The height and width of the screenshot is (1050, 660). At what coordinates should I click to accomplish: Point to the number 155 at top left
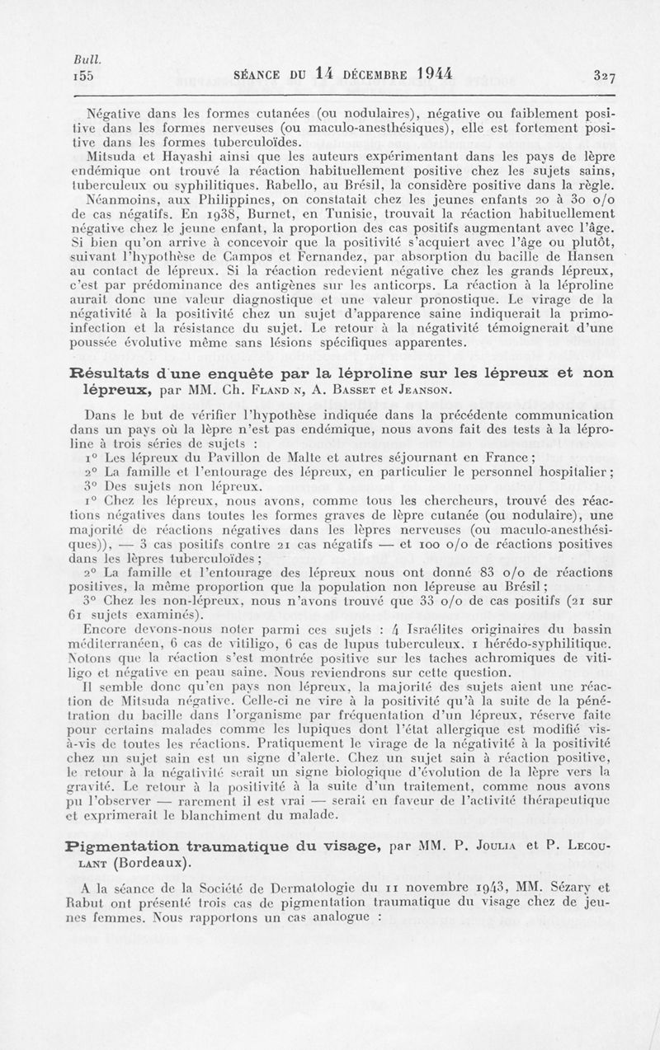[85, 76]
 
